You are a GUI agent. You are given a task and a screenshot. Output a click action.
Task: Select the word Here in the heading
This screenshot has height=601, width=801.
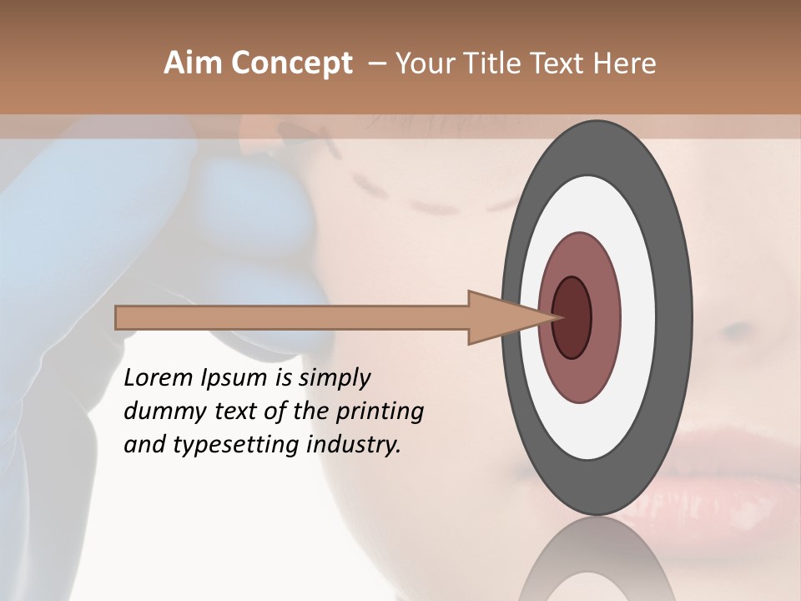626,63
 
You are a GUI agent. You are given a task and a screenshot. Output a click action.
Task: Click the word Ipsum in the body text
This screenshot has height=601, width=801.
234,379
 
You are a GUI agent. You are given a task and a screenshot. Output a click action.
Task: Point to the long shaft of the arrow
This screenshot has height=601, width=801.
292,318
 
